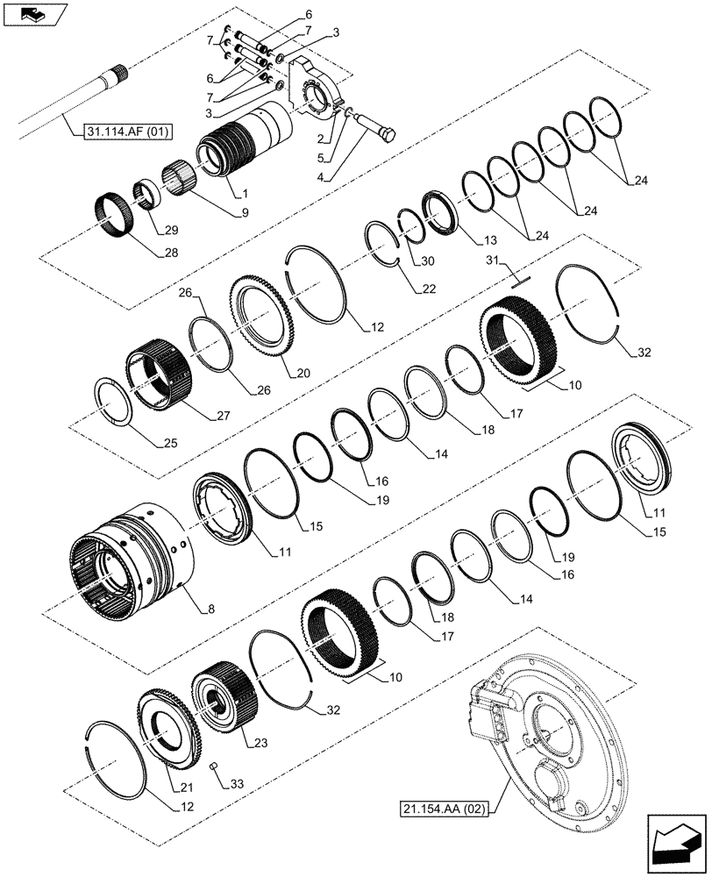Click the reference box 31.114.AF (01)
tap(129, 132)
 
